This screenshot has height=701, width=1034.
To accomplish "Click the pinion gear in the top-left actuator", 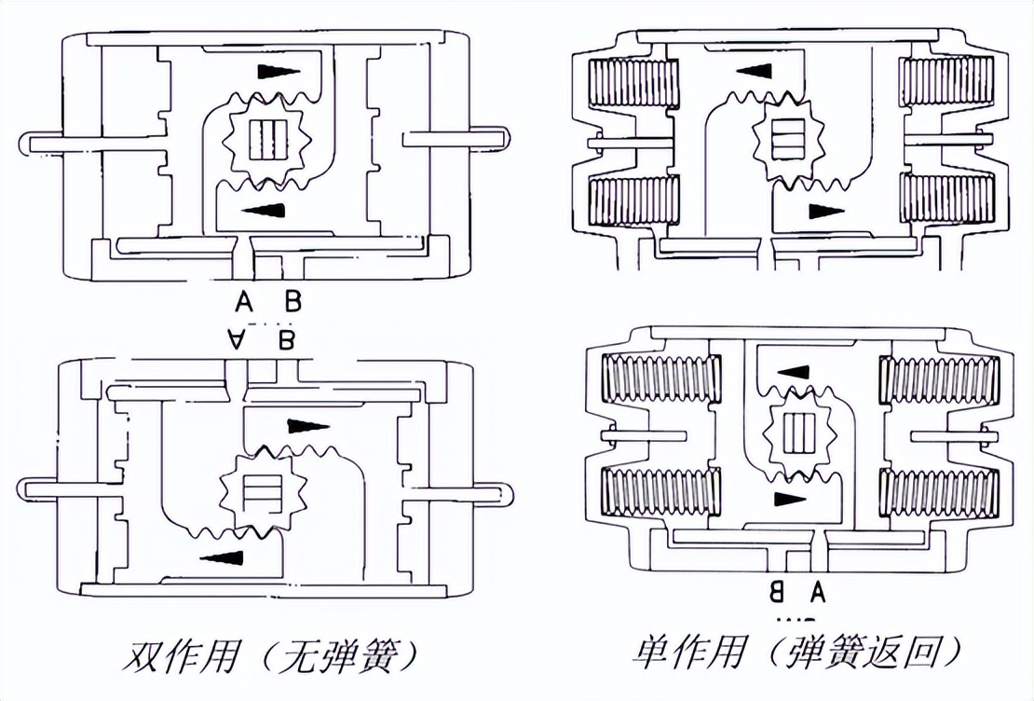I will tap(269, 139).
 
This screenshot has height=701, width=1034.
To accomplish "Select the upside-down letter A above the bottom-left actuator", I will tap(238, 340).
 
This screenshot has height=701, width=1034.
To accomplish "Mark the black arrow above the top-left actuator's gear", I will tap(278, 72).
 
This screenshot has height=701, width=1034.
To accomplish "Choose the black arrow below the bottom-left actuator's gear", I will tap(223, 557).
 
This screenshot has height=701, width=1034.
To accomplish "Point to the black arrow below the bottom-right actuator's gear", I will tap(789, 499).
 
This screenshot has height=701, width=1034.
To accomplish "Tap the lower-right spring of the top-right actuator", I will tap(946, 199).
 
